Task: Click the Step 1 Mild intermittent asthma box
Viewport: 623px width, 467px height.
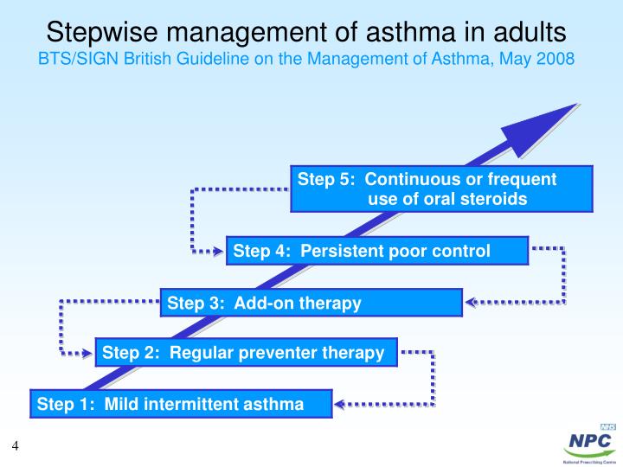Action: pos(182,404)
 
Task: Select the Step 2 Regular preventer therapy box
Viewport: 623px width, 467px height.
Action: pos(246,352)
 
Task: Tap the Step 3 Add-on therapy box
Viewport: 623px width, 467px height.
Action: pos(311,303)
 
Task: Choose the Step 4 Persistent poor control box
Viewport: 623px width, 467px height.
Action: pos(377,252)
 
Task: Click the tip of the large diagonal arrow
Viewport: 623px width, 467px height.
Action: pos(575,106)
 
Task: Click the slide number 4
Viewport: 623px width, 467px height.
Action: pos(16,446)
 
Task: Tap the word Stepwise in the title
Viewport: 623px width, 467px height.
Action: pos(103,32)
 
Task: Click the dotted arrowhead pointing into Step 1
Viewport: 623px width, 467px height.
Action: pos(340,404)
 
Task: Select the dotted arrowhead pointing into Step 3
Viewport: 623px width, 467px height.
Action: pos(471,303)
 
